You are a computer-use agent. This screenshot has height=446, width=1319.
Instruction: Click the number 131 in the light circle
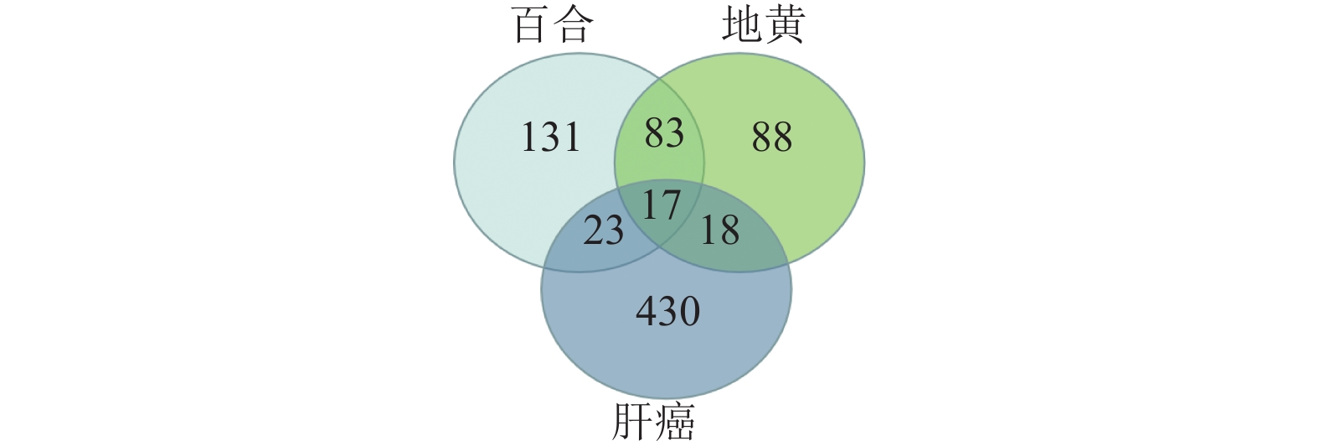[x=550, y=137]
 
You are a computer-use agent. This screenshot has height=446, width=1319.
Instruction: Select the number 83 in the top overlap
[x=664, y=132]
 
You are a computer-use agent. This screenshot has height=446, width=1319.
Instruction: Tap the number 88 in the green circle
[x=771, y=137]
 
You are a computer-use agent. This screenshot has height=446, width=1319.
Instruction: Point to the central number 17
[x=660, y=205]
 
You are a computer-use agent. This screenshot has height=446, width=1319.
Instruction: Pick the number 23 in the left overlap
[x=603, y=230]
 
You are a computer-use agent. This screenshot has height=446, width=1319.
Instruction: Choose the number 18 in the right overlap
[x=719, y=230]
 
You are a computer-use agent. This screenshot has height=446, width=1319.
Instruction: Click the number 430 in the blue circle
[x=667, y=312]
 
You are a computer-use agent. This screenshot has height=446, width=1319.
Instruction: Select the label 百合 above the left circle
[x=553, y=25]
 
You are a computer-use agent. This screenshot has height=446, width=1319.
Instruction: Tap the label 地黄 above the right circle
[x=763, y=25]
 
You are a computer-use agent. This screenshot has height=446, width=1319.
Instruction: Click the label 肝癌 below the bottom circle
[x=653, y=423]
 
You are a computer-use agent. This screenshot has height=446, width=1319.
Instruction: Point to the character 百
[x=532, y=25]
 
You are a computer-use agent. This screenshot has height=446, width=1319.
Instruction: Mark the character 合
[x=574, y=25]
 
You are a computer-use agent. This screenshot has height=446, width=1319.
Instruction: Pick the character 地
[x=742, y=25]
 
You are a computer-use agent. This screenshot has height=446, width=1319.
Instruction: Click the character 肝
[x=632, y=423]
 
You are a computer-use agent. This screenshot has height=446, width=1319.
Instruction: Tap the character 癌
[x=675, y=423]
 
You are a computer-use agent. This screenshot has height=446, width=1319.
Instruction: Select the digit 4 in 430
[x=647, y=312]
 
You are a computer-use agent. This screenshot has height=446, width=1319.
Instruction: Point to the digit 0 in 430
[x=689, y=312]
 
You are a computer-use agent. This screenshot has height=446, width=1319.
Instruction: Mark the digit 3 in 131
[x=550, y=137]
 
